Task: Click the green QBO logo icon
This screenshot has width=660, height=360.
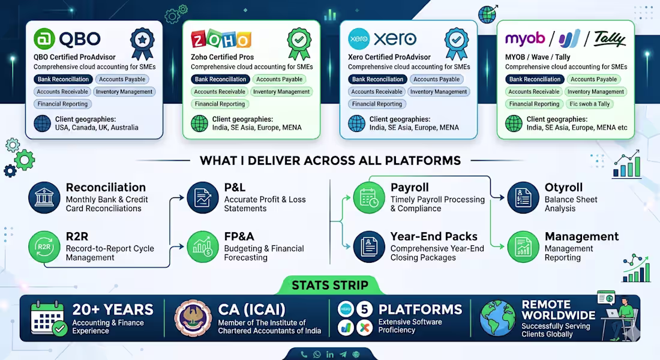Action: coord(44,39)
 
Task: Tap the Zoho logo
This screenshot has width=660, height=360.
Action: coord(221,39)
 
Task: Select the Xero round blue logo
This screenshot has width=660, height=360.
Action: coord(359,39)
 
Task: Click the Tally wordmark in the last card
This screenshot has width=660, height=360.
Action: coord(610,39)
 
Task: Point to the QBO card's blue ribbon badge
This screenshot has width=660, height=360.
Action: coord(142,43)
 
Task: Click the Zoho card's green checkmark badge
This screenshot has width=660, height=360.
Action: coord(299,43)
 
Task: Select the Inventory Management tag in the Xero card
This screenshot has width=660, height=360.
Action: coord(439,91)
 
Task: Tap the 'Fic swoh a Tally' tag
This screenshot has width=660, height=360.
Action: coord(590,104)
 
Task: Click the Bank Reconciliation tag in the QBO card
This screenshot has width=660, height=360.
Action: coord(63,79)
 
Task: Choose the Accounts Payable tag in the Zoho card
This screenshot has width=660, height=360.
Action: coord(280,79)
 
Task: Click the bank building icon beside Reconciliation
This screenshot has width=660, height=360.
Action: coord(44,197)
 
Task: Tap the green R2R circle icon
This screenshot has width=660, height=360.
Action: coord(44,247)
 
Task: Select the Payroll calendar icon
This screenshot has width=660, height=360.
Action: coord(369,197)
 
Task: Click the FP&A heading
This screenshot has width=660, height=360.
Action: coord(239,236)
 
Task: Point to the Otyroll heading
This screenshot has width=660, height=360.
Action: coord(563,187)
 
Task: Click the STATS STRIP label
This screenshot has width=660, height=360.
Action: coord(330,285)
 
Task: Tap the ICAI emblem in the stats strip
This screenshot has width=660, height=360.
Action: coord(193,318)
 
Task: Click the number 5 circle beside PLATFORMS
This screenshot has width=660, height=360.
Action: coord(365,310)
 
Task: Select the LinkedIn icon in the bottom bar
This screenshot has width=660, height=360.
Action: coord(330,355)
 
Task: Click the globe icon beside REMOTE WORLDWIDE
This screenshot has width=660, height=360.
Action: coord(497,318)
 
